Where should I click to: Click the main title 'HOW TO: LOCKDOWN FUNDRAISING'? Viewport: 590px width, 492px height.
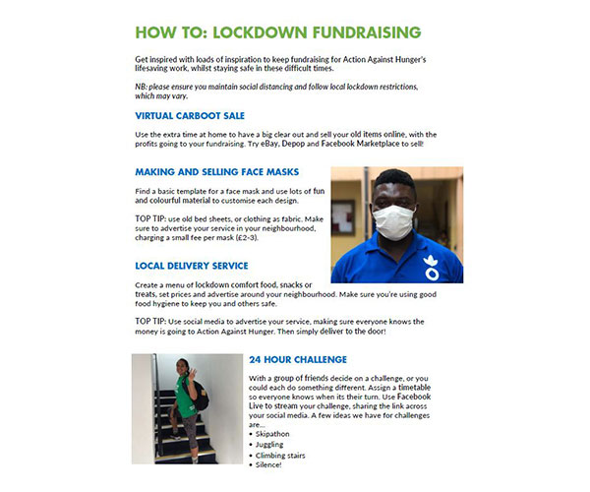(285, 32)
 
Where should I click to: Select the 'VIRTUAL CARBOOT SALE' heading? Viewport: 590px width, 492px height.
(192, 115)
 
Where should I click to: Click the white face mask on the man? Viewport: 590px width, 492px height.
(392, 220)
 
